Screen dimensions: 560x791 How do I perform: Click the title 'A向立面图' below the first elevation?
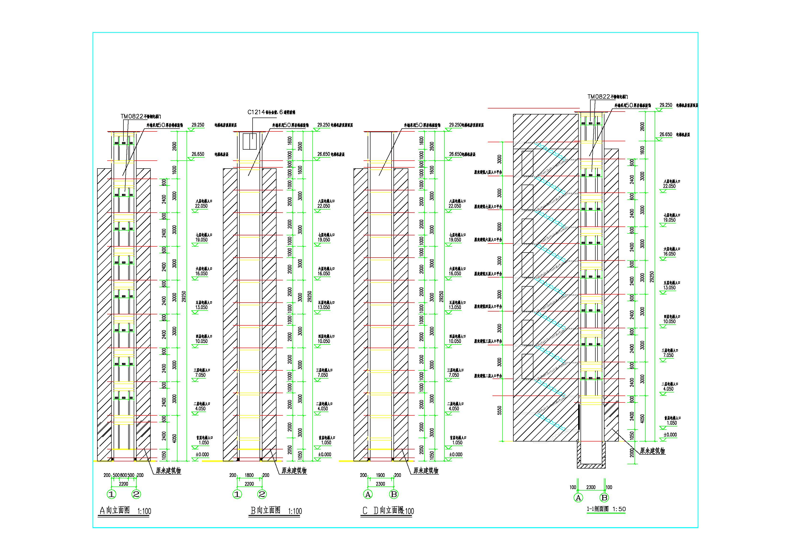(x=115, y=510)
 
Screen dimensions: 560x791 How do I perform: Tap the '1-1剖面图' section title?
(x=598, y=509)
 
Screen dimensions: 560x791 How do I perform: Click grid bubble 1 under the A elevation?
(x=112, y=494)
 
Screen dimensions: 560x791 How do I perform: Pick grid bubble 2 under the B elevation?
(x=262, y=494)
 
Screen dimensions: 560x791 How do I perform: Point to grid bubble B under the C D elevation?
(x=393, y=494)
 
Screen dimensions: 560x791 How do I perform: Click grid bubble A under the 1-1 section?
(x=578, y=498)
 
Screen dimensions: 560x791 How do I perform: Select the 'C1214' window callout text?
(x=256, y=112)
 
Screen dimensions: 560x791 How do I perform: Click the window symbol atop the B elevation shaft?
(x=249, y=141)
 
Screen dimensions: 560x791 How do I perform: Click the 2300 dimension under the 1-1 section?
(x=591, y=487)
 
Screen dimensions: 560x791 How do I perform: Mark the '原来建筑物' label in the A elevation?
(x=168, y=471)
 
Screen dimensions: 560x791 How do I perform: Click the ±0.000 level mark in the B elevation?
(x=325, y=454)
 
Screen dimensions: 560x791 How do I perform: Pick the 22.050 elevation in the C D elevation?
(x=455, y=206)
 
